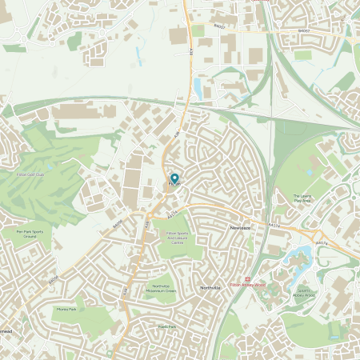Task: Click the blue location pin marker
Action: (x=175, y=178)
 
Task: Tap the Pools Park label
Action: (x=167, y=326)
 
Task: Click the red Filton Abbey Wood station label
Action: (x=247, y=284)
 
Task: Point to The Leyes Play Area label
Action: (x=302, y=198)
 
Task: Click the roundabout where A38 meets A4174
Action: (x=149, y=214)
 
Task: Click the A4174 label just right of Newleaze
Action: (x=274, y=226)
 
